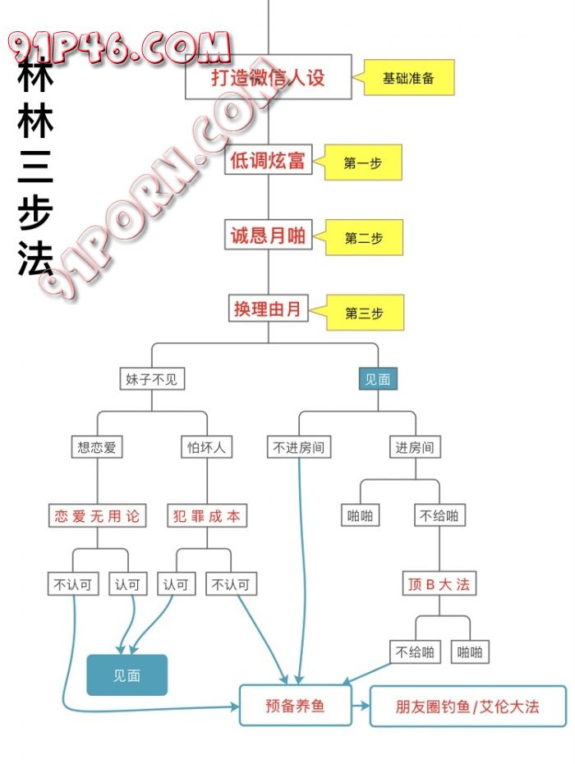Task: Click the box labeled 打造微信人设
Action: point(268,77)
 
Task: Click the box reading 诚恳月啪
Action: point(268,236)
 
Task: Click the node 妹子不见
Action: point(151,379)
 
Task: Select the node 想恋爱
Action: point(98,447)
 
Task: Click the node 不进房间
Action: point(299,447)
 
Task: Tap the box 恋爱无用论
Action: point(97,516)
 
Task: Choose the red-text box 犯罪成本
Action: point(206,516)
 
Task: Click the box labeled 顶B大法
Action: point(439,585)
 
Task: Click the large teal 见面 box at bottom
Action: point(127,675)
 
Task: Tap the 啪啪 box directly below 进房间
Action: point(361,516)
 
